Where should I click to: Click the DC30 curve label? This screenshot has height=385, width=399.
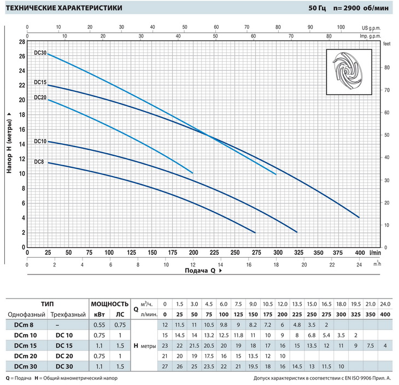pos(40,53)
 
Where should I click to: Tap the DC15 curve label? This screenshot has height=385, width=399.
pos(40,82)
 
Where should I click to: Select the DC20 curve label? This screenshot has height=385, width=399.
pos(40,97)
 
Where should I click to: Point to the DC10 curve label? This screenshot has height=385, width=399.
pos(40,141)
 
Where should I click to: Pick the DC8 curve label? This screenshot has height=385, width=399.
pos(38,161)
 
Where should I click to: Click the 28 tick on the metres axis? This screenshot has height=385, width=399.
pos(22,42)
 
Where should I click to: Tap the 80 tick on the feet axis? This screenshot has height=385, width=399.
pos(386,67)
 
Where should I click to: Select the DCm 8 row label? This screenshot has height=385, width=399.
pos(21,324)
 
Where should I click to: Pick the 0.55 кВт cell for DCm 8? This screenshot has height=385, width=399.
pos(99,324)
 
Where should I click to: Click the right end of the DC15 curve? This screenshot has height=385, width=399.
pos(359,217)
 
